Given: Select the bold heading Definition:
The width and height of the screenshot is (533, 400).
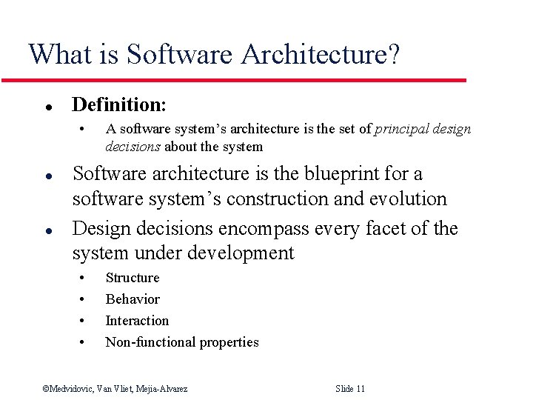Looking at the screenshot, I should tap(119, 104).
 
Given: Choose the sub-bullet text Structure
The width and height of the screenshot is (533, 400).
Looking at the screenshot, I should tap(133, 279).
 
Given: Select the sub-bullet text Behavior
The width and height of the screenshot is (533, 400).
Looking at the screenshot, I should tap(133, 299).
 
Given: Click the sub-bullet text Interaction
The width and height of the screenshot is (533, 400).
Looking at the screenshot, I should tap(137, 321).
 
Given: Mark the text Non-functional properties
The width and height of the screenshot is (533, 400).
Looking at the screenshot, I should tap(182, 342).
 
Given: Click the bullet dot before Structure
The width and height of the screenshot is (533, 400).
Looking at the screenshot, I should tap(83, 279).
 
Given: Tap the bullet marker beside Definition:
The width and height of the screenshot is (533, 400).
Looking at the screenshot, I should tap(47, 106).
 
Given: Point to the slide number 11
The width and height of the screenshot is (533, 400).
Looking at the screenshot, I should tap(360, 389).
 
